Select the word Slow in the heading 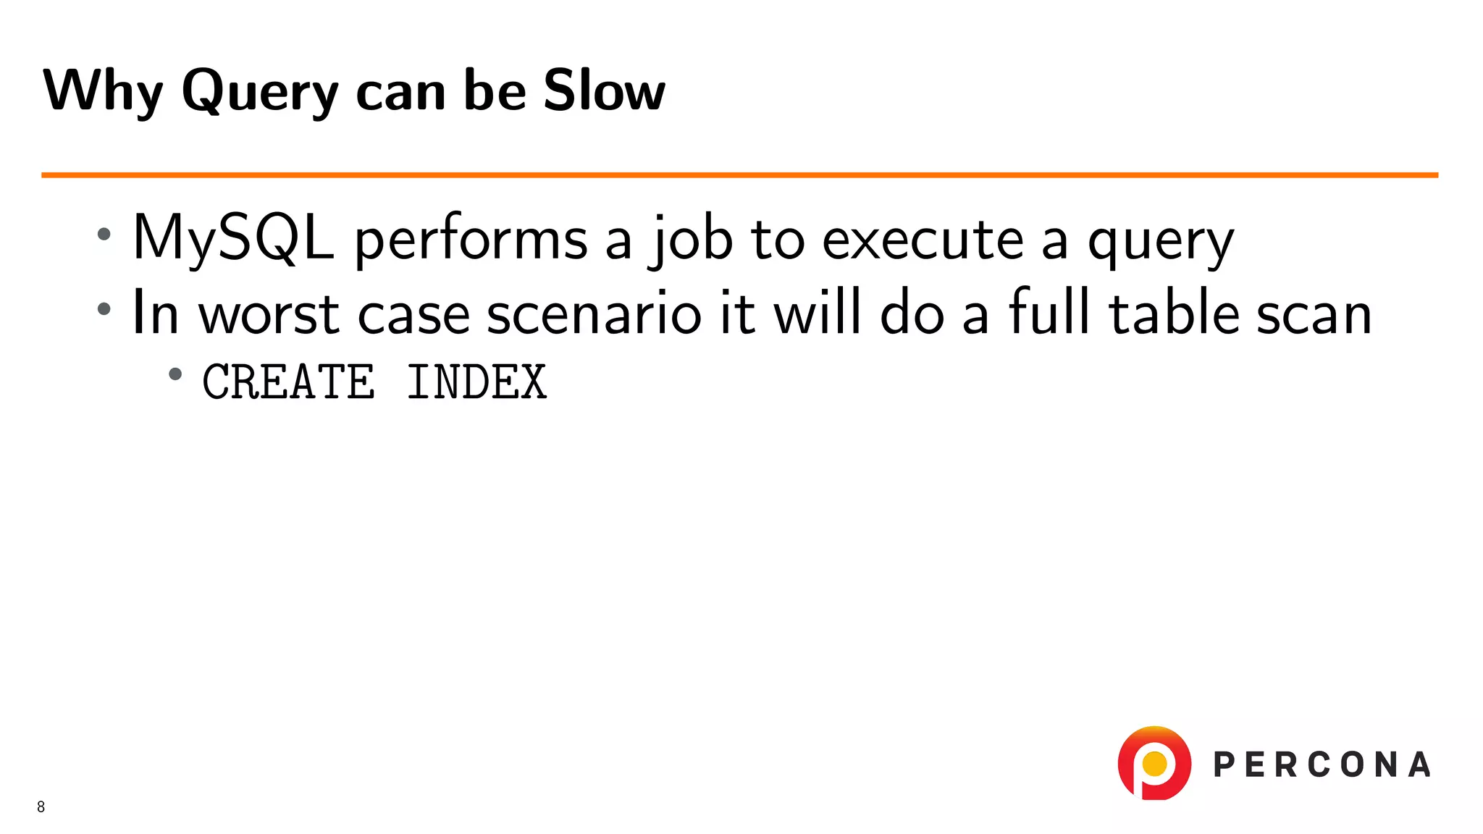[x=604, y=91]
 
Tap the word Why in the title [x=103, y=91]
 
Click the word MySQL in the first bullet [x=233, y=239]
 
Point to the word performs [x=471, y=240]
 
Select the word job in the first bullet [x=691, y=240]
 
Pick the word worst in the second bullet [x=269, y=315]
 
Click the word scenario [x=594, y=313]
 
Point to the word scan [x=1314, y=315]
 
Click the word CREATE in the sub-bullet [x=289, y=382]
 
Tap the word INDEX [x=476, y=382]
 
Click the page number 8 [x=41, y=806]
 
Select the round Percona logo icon [x=1154, y=763]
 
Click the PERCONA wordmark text [x=1322, y=764]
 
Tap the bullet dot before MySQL [x=104, y=234]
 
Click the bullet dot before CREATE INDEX [x=175, y=374]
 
